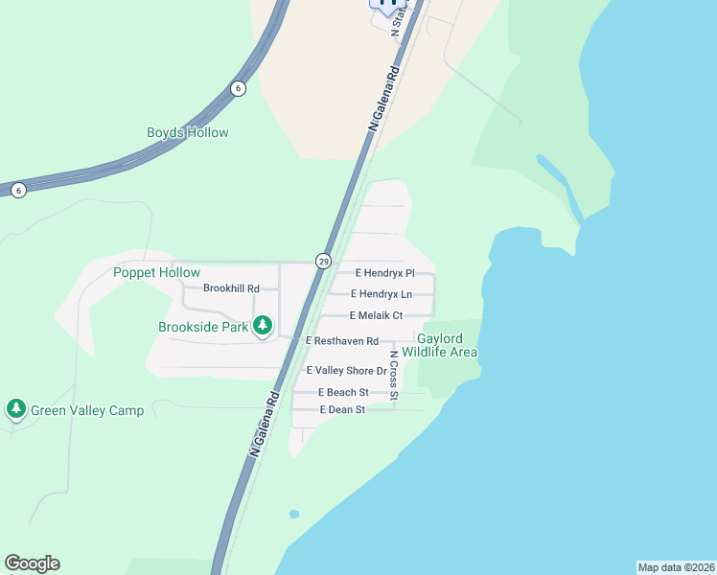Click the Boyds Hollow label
[x=188, y=132]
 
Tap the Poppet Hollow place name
[x=156, y=273]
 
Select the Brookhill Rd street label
[x=231, y=288]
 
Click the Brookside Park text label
[x=203, y=327]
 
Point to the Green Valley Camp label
[x=87, y=411]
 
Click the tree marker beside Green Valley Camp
[x=15, y=410]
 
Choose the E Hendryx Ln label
[x=382, y=294]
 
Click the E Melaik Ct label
[x=377, y=315]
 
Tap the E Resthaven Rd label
[x=342, y=341]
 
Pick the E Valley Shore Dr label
[x=346, y=371]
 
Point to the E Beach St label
[x=344, y=393]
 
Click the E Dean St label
[x=343, y=410]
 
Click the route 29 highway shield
[x=324, y=261]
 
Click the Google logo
[x=32, y=563]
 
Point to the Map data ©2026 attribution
[x=676, y=567]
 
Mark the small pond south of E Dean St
[x=293, y=515]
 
